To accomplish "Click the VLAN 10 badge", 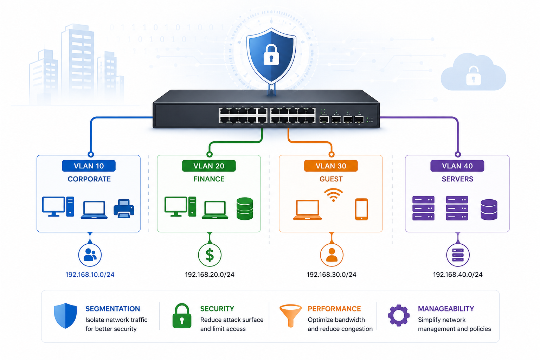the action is click(89, 166).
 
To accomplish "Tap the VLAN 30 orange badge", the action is click(331, 166).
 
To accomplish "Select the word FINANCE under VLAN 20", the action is click(209, 179).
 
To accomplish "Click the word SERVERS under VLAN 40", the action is click(457, 179).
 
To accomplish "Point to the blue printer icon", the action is click(124, 209).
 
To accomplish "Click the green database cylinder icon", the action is click(245, 209).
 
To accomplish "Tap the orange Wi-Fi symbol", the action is click(333, 195).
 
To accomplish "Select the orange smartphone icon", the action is click(361, 209).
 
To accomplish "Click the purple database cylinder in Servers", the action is click(489, 210).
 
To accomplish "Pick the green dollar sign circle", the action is click(210, 255).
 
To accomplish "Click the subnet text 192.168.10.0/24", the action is click(90, 275).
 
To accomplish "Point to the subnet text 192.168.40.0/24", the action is click(458, 275).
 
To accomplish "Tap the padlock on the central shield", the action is click(271, 54).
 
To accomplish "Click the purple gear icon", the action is click(398, 315).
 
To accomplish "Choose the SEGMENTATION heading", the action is click(112, 309).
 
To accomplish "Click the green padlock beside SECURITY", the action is click(182, 316).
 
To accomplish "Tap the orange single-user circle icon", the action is click(332, 255).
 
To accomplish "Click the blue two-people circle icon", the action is click(90, 255).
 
